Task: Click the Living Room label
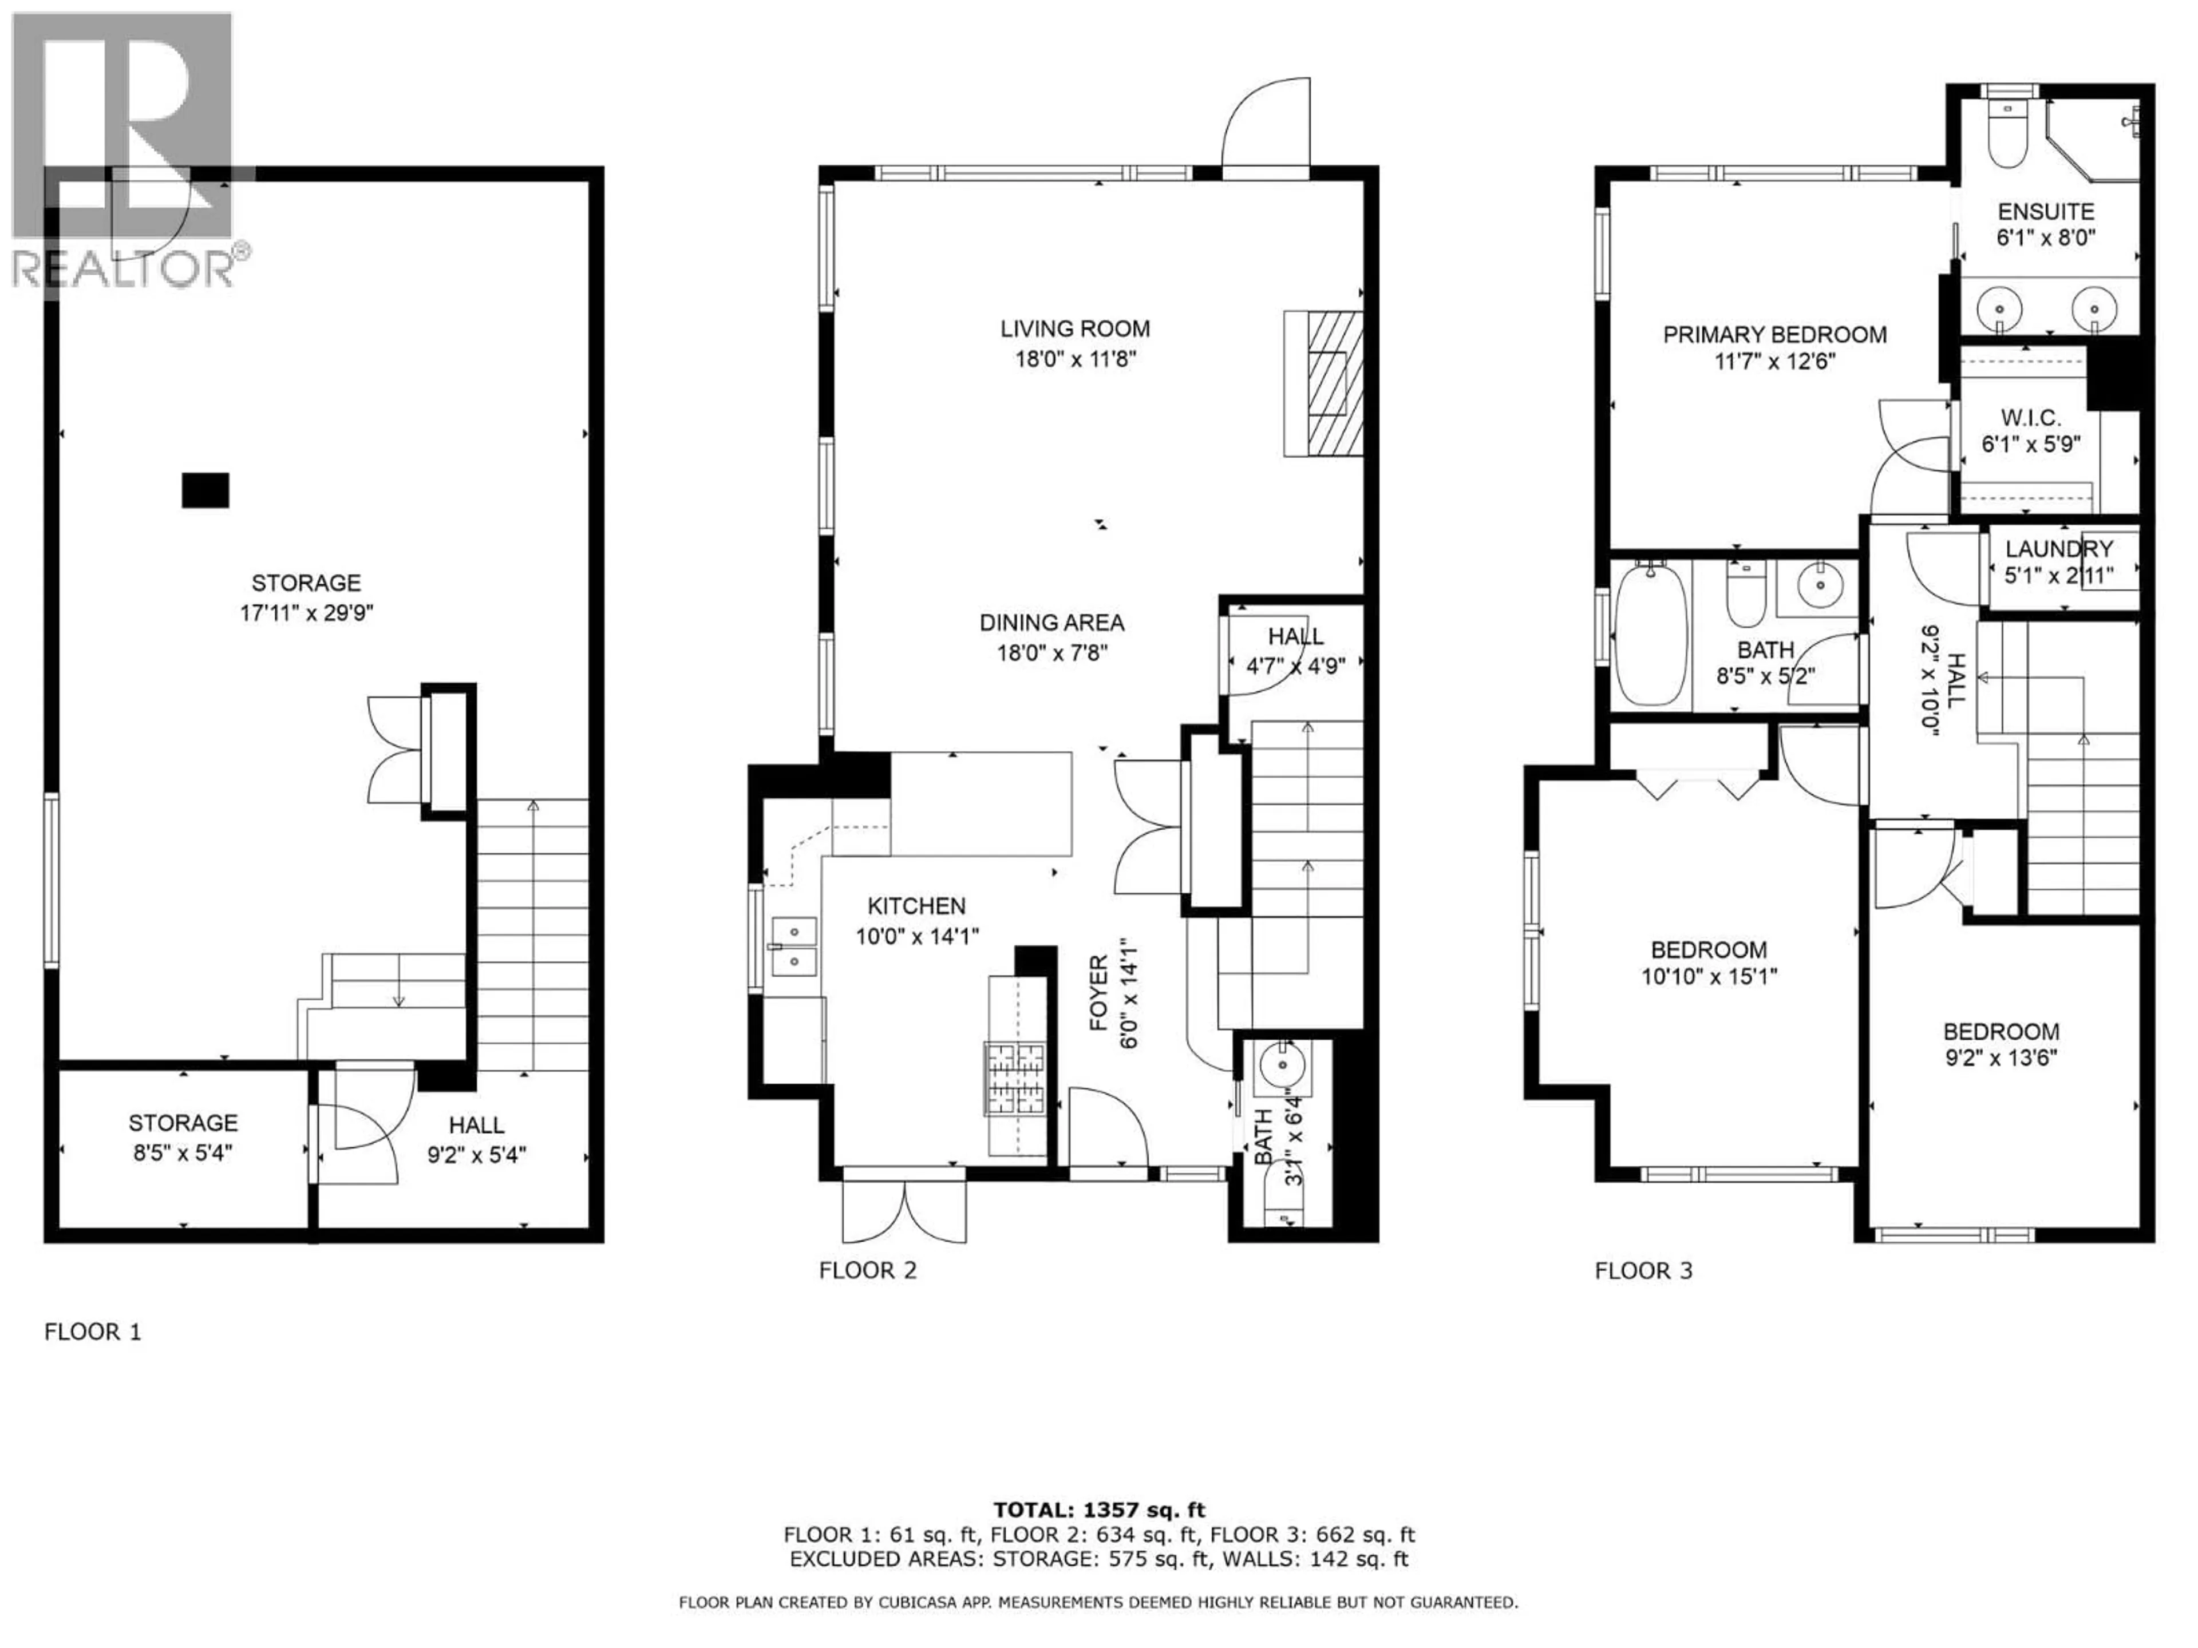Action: click(x=1075, y=329)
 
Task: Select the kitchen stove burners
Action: click(x=1015, y=1077)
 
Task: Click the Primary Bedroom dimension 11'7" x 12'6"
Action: click(x=1774, y=362)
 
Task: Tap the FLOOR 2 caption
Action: click(x=868, y=1270)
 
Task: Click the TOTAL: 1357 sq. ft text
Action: click(x=1099, y=1511)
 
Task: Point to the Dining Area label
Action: click(x=1051, y=623)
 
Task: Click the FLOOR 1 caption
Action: click(x=92, y=1332)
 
